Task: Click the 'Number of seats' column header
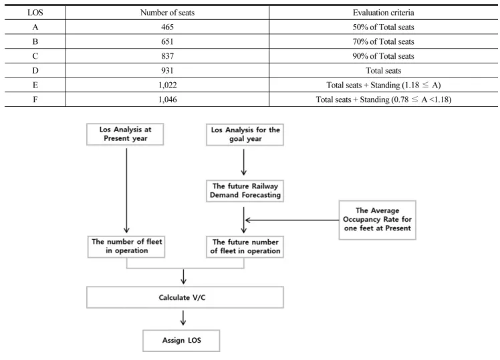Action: pos(167,13)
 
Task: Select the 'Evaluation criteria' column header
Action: pos(383,13)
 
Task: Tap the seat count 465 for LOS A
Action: pos(167,27)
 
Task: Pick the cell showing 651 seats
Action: pos(167,41)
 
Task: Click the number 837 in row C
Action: pos(167,56)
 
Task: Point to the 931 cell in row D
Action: pos(167,70)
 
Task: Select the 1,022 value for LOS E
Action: pos(167,85)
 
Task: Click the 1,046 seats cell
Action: pos(167,100)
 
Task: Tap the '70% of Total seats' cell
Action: pos(383,41)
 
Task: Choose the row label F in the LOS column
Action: pos(35,100)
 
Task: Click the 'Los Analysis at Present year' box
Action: pos(125,134)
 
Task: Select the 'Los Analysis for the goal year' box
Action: pos(245,134)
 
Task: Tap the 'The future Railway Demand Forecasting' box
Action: pos(245,191)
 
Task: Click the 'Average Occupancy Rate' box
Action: pos(377,220)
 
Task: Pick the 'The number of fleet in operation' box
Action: pos(126,246)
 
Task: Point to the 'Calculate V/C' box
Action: pos(185,297)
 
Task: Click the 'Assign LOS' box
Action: pos(181,341)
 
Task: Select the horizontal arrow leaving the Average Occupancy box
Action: pos(291,220)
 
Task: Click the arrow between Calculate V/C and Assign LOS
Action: pos(183,318)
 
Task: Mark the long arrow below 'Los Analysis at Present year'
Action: pos(126,190)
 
